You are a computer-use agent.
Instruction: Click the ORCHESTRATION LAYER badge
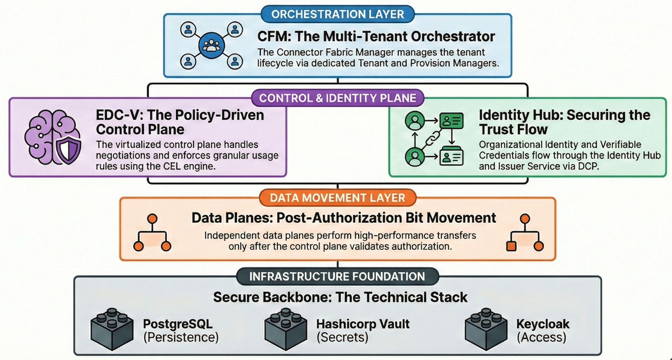coord(337,14)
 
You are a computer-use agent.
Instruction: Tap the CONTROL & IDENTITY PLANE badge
coord(337,98)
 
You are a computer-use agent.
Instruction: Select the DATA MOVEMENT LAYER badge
coord(337,198)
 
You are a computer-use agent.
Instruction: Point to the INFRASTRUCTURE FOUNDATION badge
coord(337,277)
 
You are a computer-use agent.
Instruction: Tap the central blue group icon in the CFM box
coord(211,45)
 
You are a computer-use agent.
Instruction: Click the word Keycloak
coord(543,324)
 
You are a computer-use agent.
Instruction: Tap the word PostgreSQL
coord(178,324)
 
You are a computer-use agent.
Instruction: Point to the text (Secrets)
coord(342,337)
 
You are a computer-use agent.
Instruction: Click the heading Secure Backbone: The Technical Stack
coord(340,297)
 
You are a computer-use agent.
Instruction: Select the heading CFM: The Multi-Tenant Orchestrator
coord(376,36)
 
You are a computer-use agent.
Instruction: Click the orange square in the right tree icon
coord(511,246)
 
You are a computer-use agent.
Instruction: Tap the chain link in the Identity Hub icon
coord(433,138)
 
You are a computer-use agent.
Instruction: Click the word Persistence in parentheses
coord(181,337)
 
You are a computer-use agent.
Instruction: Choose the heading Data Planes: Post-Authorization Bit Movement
coord(343,218)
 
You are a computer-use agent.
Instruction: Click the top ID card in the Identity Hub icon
coord(451,121)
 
